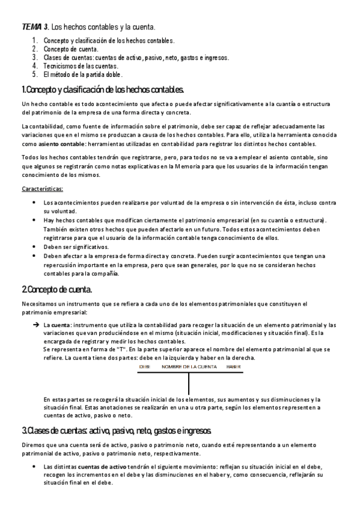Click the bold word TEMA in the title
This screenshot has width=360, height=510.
coord(31,26)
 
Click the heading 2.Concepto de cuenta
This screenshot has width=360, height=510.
coord(56,289)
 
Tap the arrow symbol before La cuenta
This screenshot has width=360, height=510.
coord(35,325)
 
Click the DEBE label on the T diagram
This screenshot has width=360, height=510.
coord(145,366)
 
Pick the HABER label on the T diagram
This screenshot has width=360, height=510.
coord(225,366)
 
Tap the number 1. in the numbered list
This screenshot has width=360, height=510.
coord(35,40)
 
